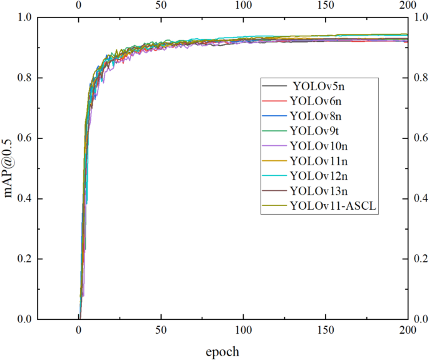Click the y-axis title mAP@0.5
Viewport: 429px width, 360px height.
click(9, 168)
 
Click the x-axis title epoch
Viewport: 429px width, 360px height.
click(222, 351)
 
